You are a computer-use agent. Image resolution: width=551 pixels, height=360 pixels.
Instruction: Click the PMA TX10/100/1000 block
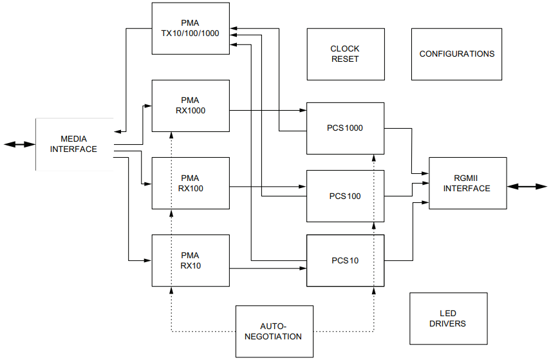(x=190, y=28)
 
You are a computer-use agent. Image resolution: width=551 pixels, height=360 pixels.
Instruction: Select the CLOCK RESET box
(x=345, y=54)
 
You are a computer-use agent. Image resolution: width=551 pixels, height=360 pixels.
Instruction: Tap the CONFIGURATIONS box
(x=456, y=54)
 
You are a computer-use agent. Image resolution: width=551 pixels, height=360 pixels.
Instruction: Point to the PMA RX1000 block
(x=190, y=106)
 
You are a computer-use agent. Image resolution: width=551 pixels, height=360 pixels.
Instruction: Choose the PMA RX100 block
(x=190, y=183)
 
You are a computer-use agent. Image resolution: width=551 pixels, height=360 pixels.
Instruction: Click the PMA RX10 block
(x=190, y=260)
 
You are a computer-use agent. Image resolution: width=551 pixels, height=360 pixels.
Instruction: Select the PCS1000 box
(x=345, y=128)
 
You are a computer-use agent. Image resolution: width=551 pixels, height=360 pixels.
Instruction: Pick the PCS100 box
(x=345, y=196)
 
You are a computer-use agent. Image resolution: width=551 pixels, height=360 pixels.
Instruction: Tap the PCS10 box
(x=345, y=261)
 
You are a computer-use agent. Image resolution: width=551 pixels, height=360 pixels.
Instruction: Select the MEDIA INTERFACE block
(x=74, y=144)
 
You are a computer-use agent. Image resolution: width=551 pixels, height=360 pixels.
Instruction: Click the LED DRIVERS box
(x=447, y=319)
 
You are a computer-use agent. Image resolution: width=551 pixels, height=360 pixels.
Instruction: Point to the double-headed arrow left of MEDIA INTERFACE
(x=19, y=144)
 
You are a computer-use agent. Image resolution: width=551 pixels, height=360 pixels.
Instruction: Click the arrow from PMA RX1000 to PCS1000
(x=268, y=110)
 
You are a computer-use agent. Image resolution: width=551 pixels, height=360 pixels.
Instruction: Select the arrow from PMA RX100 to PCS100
(x=268, y=187)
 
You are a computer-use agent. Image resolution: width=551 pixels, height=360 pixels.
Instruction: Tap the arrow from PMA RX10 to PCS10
(x=268, y=267)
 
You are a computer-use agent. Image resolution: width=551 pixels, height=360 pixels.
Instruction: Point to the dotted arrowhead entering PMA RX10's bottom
(x=171, y=291)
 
